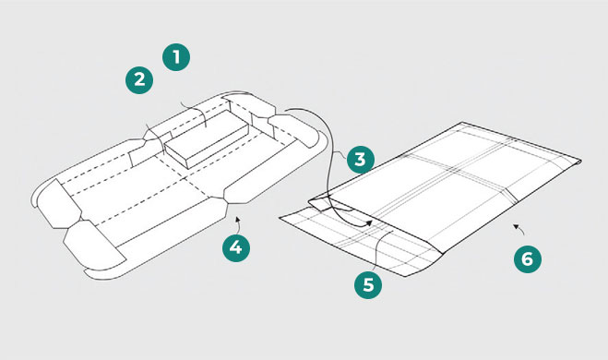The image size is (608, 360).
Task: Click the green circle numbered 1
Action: click(176, 57)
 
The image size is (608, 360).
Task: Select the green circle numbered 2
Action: click(139, 80)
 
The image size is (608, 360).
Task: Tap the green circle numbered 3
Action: click(360, 159)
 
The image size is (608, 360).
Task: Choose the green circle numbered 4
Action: click(236, 247)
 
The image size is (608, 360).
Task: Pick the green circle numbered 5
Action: click(368, 284)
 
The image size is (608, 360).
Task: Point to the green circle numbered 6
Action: click(528, 258)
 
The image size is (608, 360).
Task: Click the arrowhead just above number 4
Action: click(237, 220)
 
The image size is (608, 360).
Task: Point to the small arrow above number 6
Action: click(519, 229)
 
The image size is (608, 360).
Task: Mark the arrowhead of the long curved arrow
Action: click(369, 222)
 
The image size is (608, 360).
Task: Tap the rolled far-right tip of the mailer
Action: click(578, 162)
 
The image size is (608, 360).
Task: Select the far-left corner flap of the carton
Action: click(58, 204)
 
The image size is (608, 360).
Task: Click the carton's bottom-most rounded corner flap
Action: click(94, 246)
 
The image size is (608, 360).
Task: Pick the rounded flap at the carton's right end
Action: click(294, 131)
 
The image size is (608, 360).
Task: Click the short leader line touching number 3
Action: click(341, 155)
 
